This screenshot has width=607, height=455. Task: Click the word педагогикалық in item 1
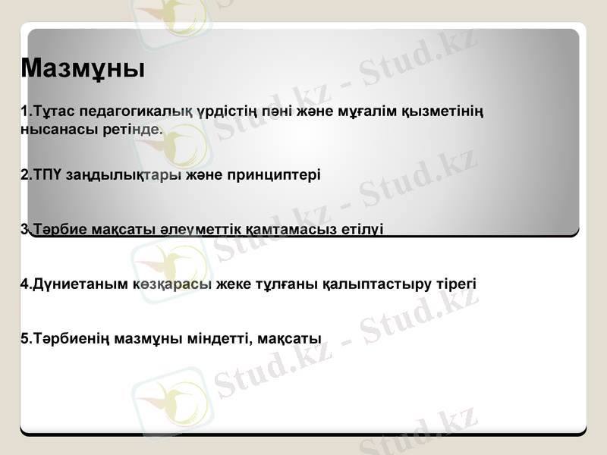pos(135,112)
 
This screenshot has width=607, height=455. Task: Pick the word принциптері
pos(275,174)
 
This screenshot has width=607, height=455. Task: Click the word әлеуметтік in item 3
pos(199,229)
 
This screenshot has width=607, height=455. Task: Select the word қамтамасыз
pos(289,229)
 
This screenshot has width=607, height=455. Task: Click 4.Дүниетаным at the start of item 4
pos(64,284)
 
